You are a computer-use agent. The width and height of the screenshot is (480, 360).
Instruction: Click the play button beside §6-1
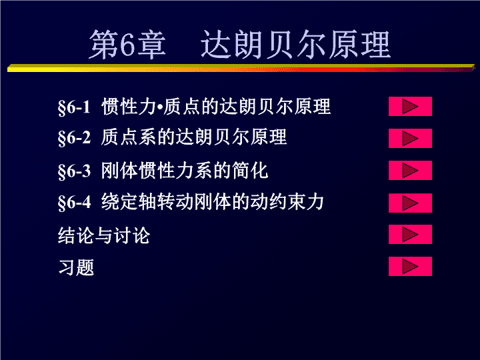tap(410, 106)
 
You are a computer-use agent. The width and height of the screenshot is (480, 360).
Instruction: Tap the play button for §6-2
tap(410, 139)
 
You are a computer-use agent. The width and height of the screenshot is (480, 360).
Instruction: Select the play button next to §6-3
tap(410, 170)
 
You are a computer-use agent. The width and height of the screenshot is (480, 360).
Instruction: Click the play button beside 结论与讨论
tap(410, 234)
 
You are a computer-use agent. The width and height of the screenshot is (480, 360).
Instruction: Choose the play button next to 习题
tap(410, 266)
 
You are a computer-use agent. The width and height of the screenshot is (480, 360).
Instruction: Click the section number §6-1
tap(74, 107)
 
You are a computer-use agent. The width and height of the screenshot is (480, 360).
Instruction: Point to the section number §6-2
tap(74, 137)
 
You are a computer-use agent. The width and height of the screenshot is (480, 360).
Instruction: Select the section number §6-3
tap(74, 171)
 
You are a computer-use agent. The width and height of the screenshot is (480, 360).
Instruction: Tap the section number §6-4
tap(74, 202)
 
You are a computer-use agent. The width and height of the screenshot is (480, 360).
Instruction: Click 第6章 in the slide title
tap(127, 45)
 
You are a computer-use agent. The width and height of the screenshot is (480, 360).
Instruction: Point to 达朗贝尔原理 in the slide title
tap(295, 45)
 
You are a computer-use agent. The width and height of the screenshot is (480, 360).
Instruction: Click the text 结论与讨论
tap(104, 235)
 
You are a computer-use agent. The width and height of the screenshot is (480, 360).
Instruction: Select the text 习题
tap(76, 267)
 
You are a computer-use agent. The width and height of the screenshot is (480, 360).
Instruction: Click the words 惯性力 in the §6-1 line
tap(129, 107)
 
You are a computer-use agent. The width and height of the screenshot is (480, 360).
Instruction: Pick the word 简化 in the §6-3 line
tap(250, 171)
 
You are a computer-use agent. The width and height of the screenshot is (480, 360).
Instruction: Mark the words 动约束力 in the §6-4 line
tap(287, 202)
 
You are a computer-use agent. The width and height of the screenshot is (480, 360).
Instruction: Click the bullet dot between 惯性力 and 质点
tap(160, 107)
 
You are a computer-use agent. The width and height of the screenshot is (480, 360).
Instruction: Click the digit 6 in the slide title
tap(127, 45)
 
